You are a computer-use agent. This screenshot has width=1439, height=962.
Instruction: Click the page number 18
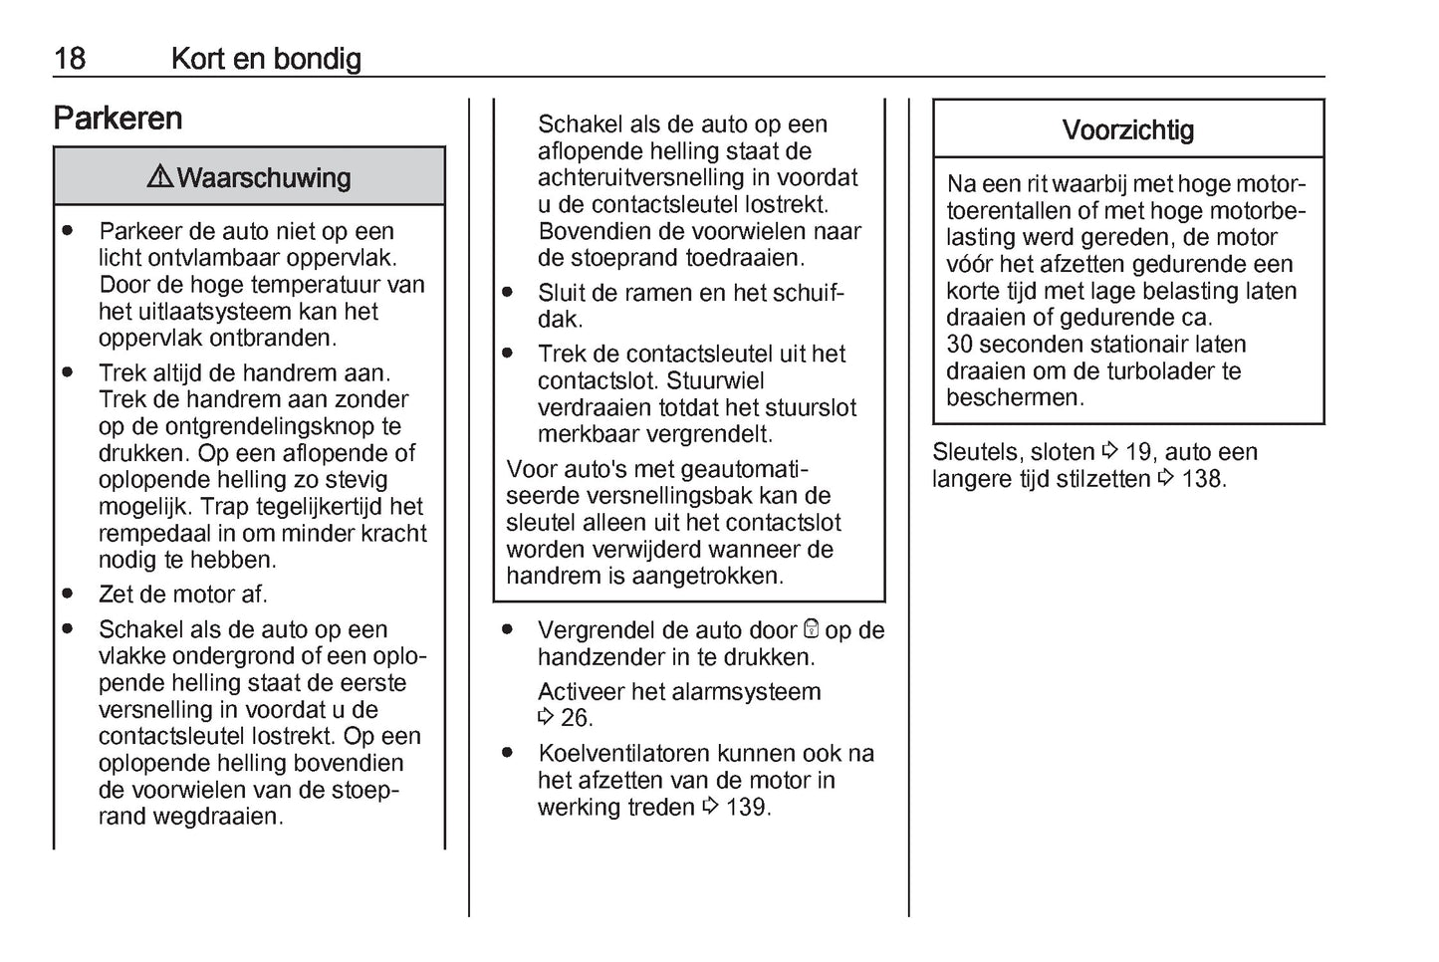(70, 59)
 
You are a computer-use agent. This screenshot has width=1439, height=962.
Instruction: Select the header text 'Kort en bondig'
(266, 59)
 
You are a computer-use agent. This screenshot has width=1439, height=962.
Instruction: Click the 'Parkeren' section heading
(118, 119)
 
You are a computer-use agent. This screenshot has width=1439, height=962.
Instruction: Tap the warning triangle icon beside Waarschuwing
(159, 177)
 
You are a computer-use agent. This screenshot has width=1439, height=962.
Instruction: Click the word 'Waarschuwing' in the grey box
(264, 178)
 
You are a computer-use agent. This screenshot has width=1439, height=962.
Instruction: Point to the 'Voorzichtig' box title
(1127, 130)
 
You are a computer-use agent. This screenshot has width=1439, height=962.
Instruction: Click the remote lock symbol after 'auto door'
(811, 629)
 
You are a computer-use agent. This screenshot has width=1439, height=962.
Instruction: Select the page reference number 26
(576, 718)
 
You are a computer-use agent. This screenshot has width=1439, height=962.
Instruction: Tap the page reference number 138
(1203, 479)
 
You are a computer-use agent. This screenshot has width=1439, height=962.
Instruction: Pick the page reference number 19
(1138, 452)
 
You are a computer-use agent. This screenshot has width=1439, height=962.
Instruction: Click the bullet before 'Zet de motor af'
(68, 594)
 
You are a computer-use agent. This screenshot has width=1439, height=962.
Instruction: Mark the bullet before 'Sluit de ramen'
(508, 293)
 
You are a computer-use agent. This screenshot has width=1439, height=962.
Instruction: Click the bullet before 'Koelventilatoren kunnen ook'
(508, 753)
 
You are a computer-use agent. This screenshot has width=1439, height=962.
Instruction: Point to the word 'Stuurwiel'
(715, 381)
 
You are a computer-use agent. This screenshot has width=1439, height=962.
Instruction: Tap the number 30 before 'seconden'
(959, 345)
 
